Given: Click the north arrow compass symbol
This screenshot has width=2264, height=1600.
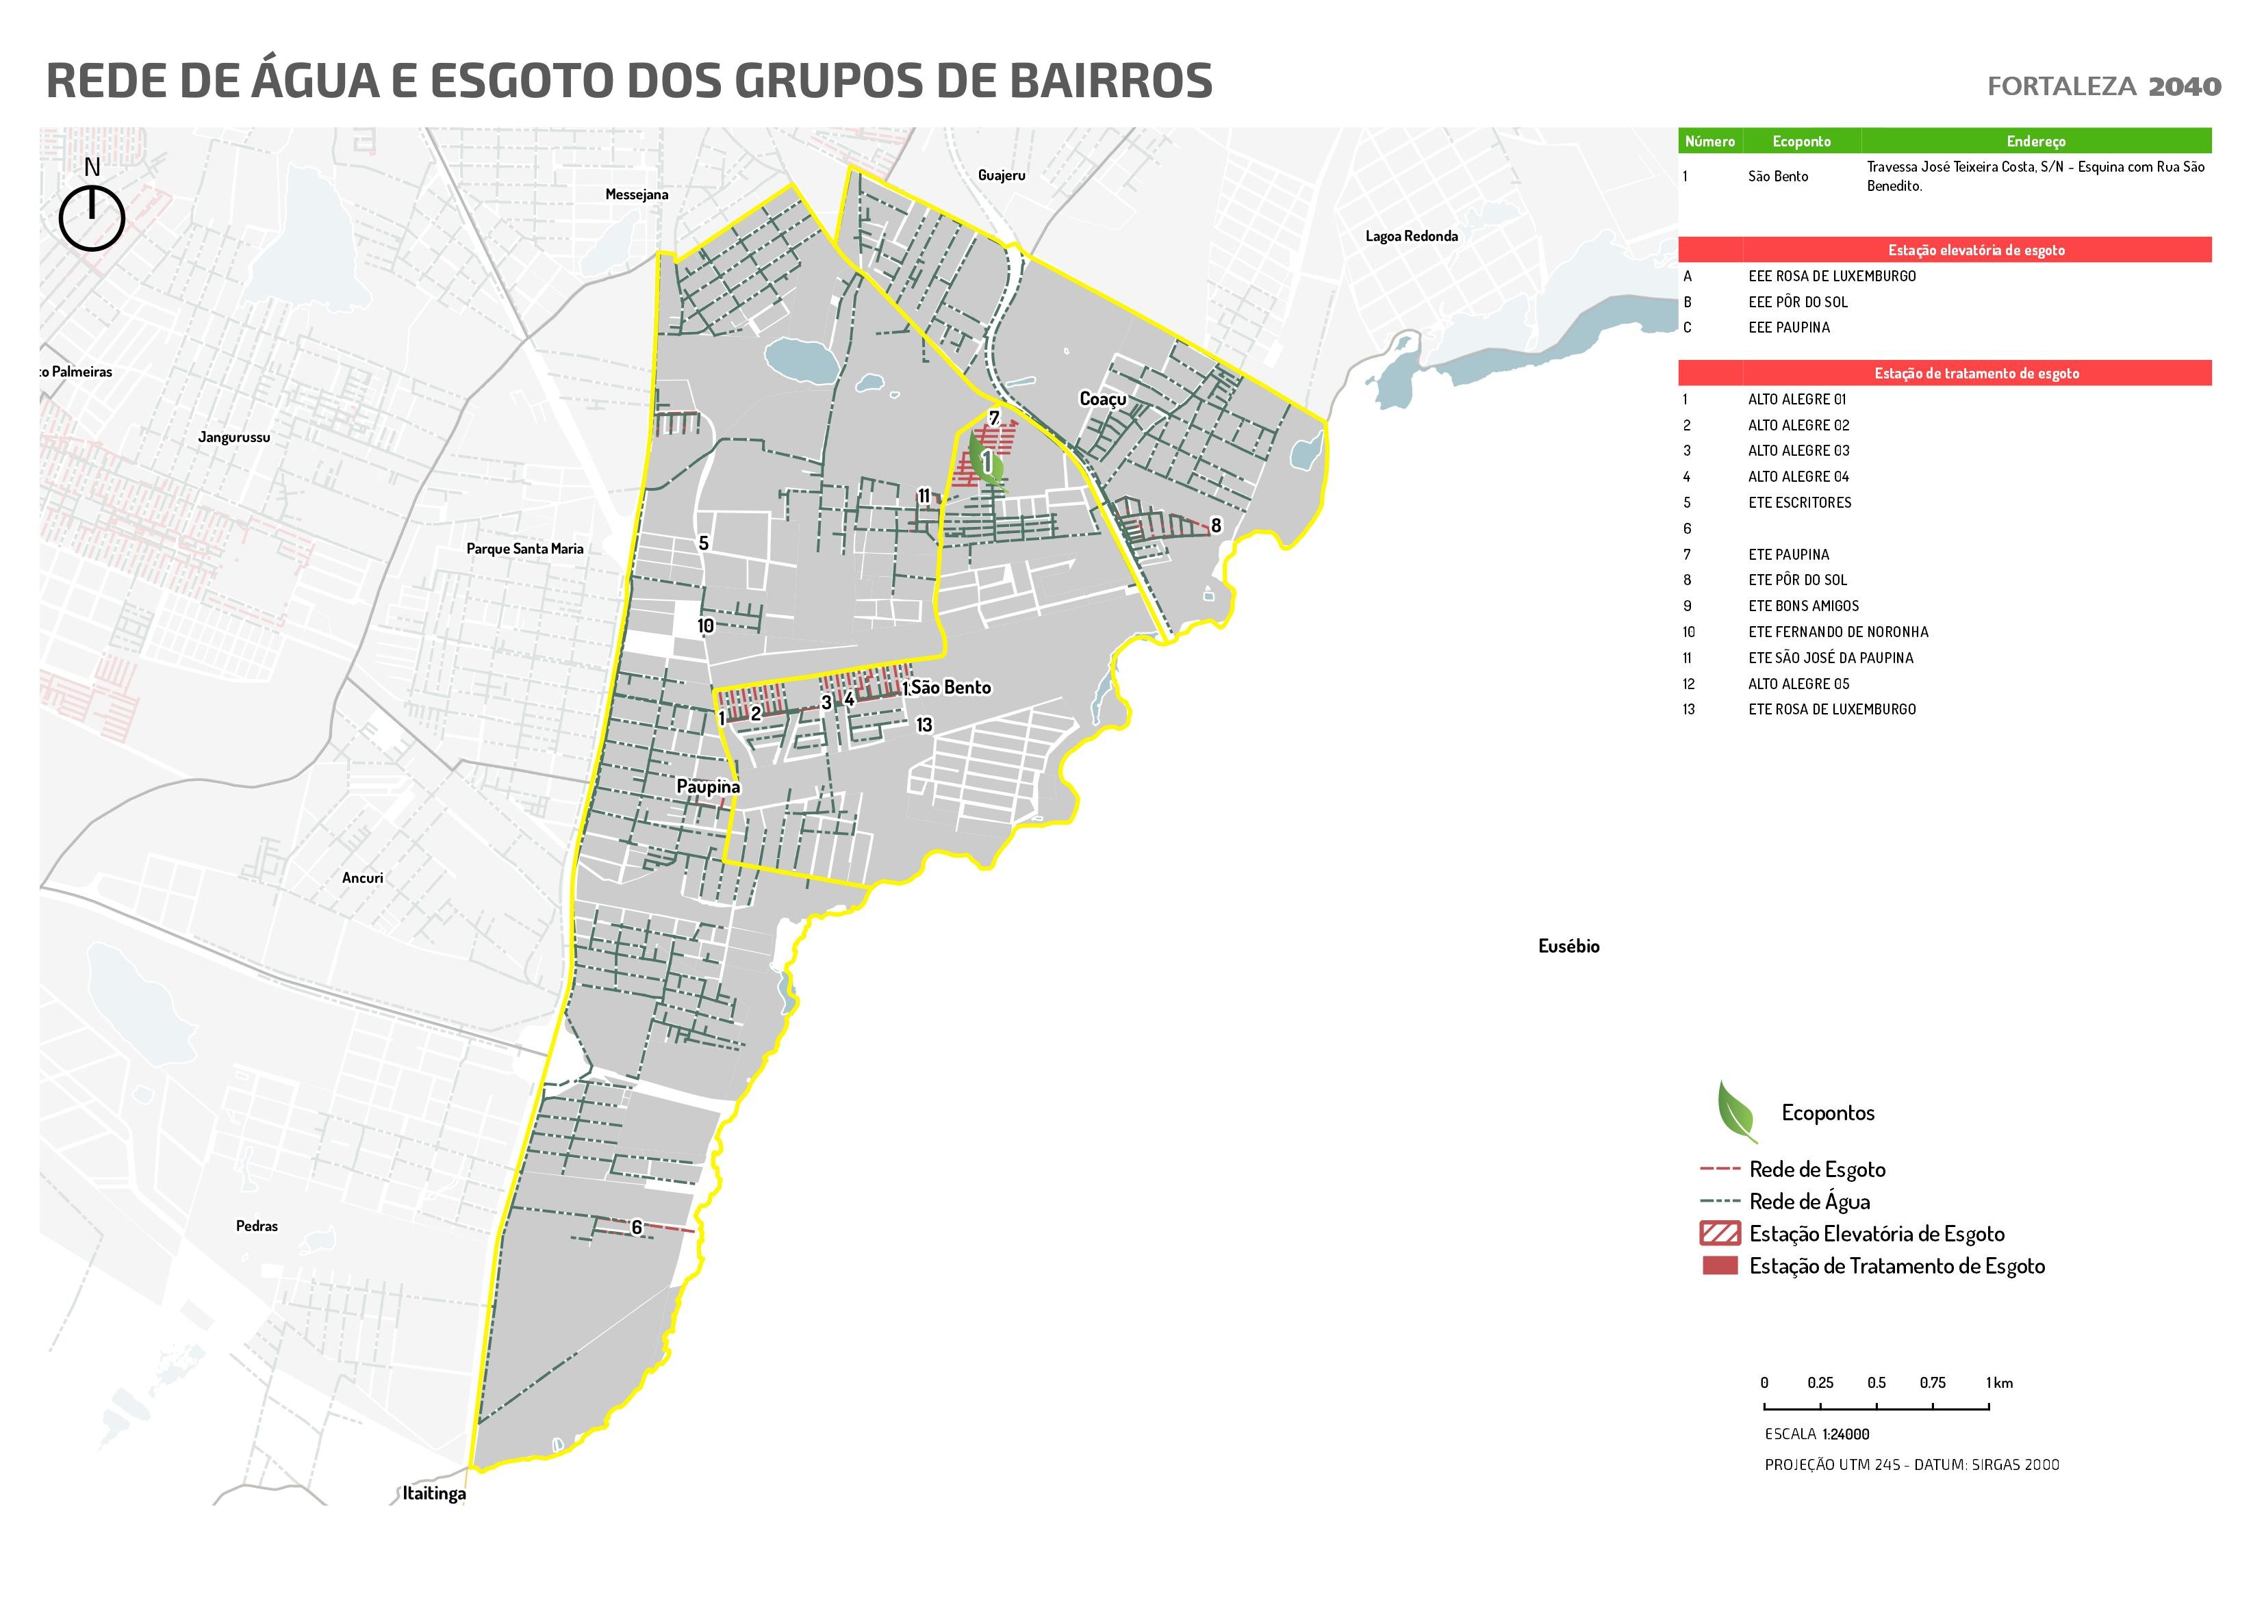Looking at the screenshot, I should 92,218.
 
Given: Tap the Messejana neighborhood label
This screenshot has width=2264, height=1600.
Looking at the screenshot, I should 636,194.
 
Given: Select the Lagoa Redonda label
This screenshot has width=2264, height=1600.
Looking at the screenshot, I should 1411,235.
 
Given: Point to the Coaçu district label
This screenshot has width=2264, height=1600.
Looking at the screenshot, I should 1102,398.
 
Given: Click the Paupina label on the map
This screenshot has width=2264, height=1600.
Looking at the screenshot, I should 708,787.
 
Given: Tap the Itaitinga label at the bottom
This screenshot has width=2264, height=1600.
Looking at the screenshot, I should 434,1493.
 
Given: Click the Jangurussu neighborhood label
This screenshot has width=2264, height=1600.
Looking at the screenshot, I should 233,437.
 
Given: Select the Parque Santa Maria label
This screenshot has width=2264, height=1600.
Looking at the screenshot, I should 524,548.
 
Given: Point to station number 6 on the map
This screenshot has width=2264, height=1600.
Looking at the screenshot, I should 637,1227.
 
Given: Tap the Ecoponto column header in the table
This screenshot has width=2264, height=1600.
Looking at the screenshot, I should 1801,141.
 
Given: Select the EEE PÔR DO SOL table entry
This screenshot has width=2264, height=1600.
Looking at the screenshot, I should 1798,302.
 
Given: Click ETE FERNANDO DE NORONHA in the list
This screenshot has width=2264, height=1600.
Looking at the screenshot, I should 1838,632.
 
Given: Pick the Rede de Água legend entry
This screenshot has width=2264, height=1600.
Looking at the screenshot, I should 1809,1202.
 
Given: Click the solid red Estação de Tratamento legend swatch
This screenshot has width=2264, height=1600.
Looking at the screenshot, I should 1720,1266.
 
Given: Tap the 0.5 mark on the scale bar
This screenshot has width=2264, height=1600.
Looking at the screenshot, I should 1876,1383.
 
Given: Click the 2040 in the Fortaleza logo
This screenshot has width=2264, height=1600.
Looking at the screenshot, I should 2184,87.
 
